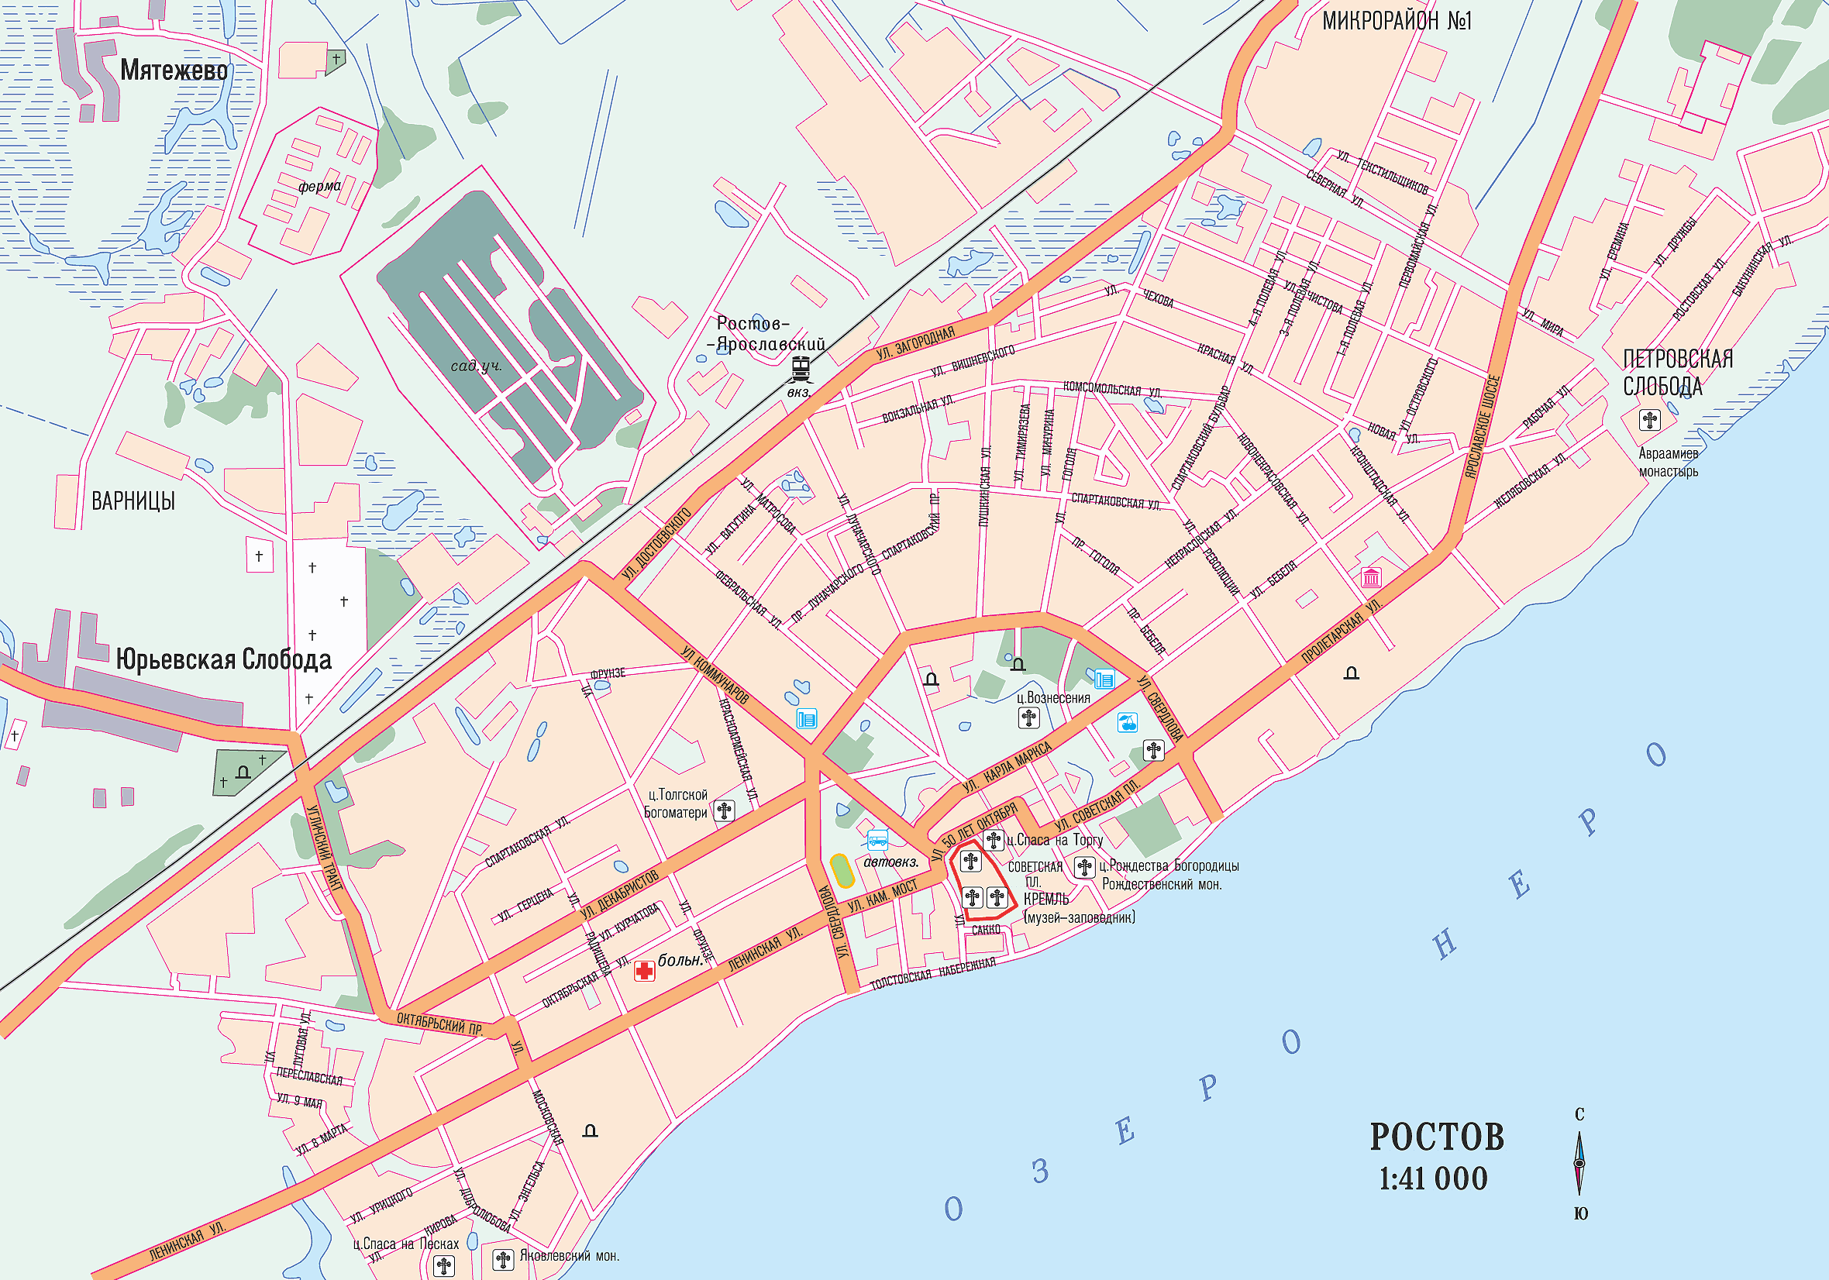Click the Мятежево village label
pyautogui.click(x=174, y=70)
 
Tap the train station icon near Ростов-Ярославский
pyautogui.click(x=801, y=370)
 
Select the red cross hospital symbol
pyautogui.click(x=644, y=970)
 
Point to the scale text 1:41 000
pyautogui.click(x=1433, y=1178)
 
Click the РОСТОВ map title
pyautogui.click(x=1436, y=1137)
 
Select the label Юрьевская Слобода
pyautogui.click(x=224, y=659)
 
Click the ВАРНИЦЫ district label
pyautogui.click(x=133, y=501)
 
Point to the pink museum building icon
pyautogui.click(x=1370, y=576)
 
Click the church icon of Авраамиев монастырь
pyautogui.click(x=1649, y=419)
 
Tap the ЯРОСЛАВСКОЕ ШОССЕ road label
pyautogui.click(x=1483, y=426)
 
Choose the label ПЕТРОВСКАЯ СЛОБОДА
pyautogui.click(x=1678, y=372)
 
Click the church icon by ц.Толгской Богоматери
pyautogui.click(x=724, y=811)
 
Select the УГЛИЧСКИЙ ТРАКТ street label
pyautogui.click(x=325, y=849)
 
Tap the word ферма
pyautogui.click(x=319, y=187)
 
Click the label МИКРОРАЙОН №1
pyautogui.click(x=1397, y=21)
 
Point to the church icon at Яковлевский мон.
pyautogui.click(x=503, y=1259)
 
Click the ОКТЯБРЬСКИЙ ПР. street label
pyautogui.click(x=439, y=1024)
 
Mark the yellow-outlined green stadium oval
pyautogui.click(x=842, y=871)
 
